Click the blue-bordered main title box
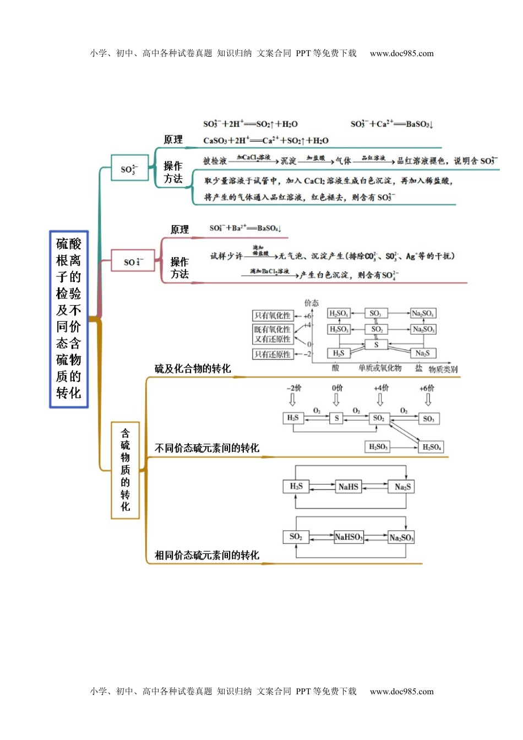(x=69, y=319)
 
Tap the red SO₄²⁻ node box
(x=133, y=261)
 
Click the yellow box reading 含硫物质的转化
(x=126, y=470)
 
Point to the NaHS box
(x=348, y=487)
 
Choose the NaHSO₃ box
(x=348, y=537)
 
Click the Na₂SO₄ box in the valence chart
(x=423, y=313)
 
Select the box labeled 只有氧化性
(x=273, y=315)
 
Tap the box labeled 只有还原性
(x=273, y=354)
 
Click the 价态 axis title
(x=311, y=303)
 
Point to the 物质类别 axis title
(x=443, y=369)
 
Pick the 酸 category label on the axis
(x=335, y=368)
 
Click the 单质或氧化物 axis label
(x=380, y=368)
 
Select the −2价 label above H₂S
(x=293, y=388)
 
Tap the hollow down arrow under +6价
(x=428, y=399)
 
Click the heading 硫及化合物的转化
(x=193, y=369)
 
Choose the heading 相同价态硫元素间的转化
(x=207, y=555)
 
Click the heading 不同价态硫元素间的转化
(x=207, y=448)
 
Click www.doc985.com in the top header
(x=401, y=53)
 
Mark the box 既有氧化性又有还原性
(x=273, y=334)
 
